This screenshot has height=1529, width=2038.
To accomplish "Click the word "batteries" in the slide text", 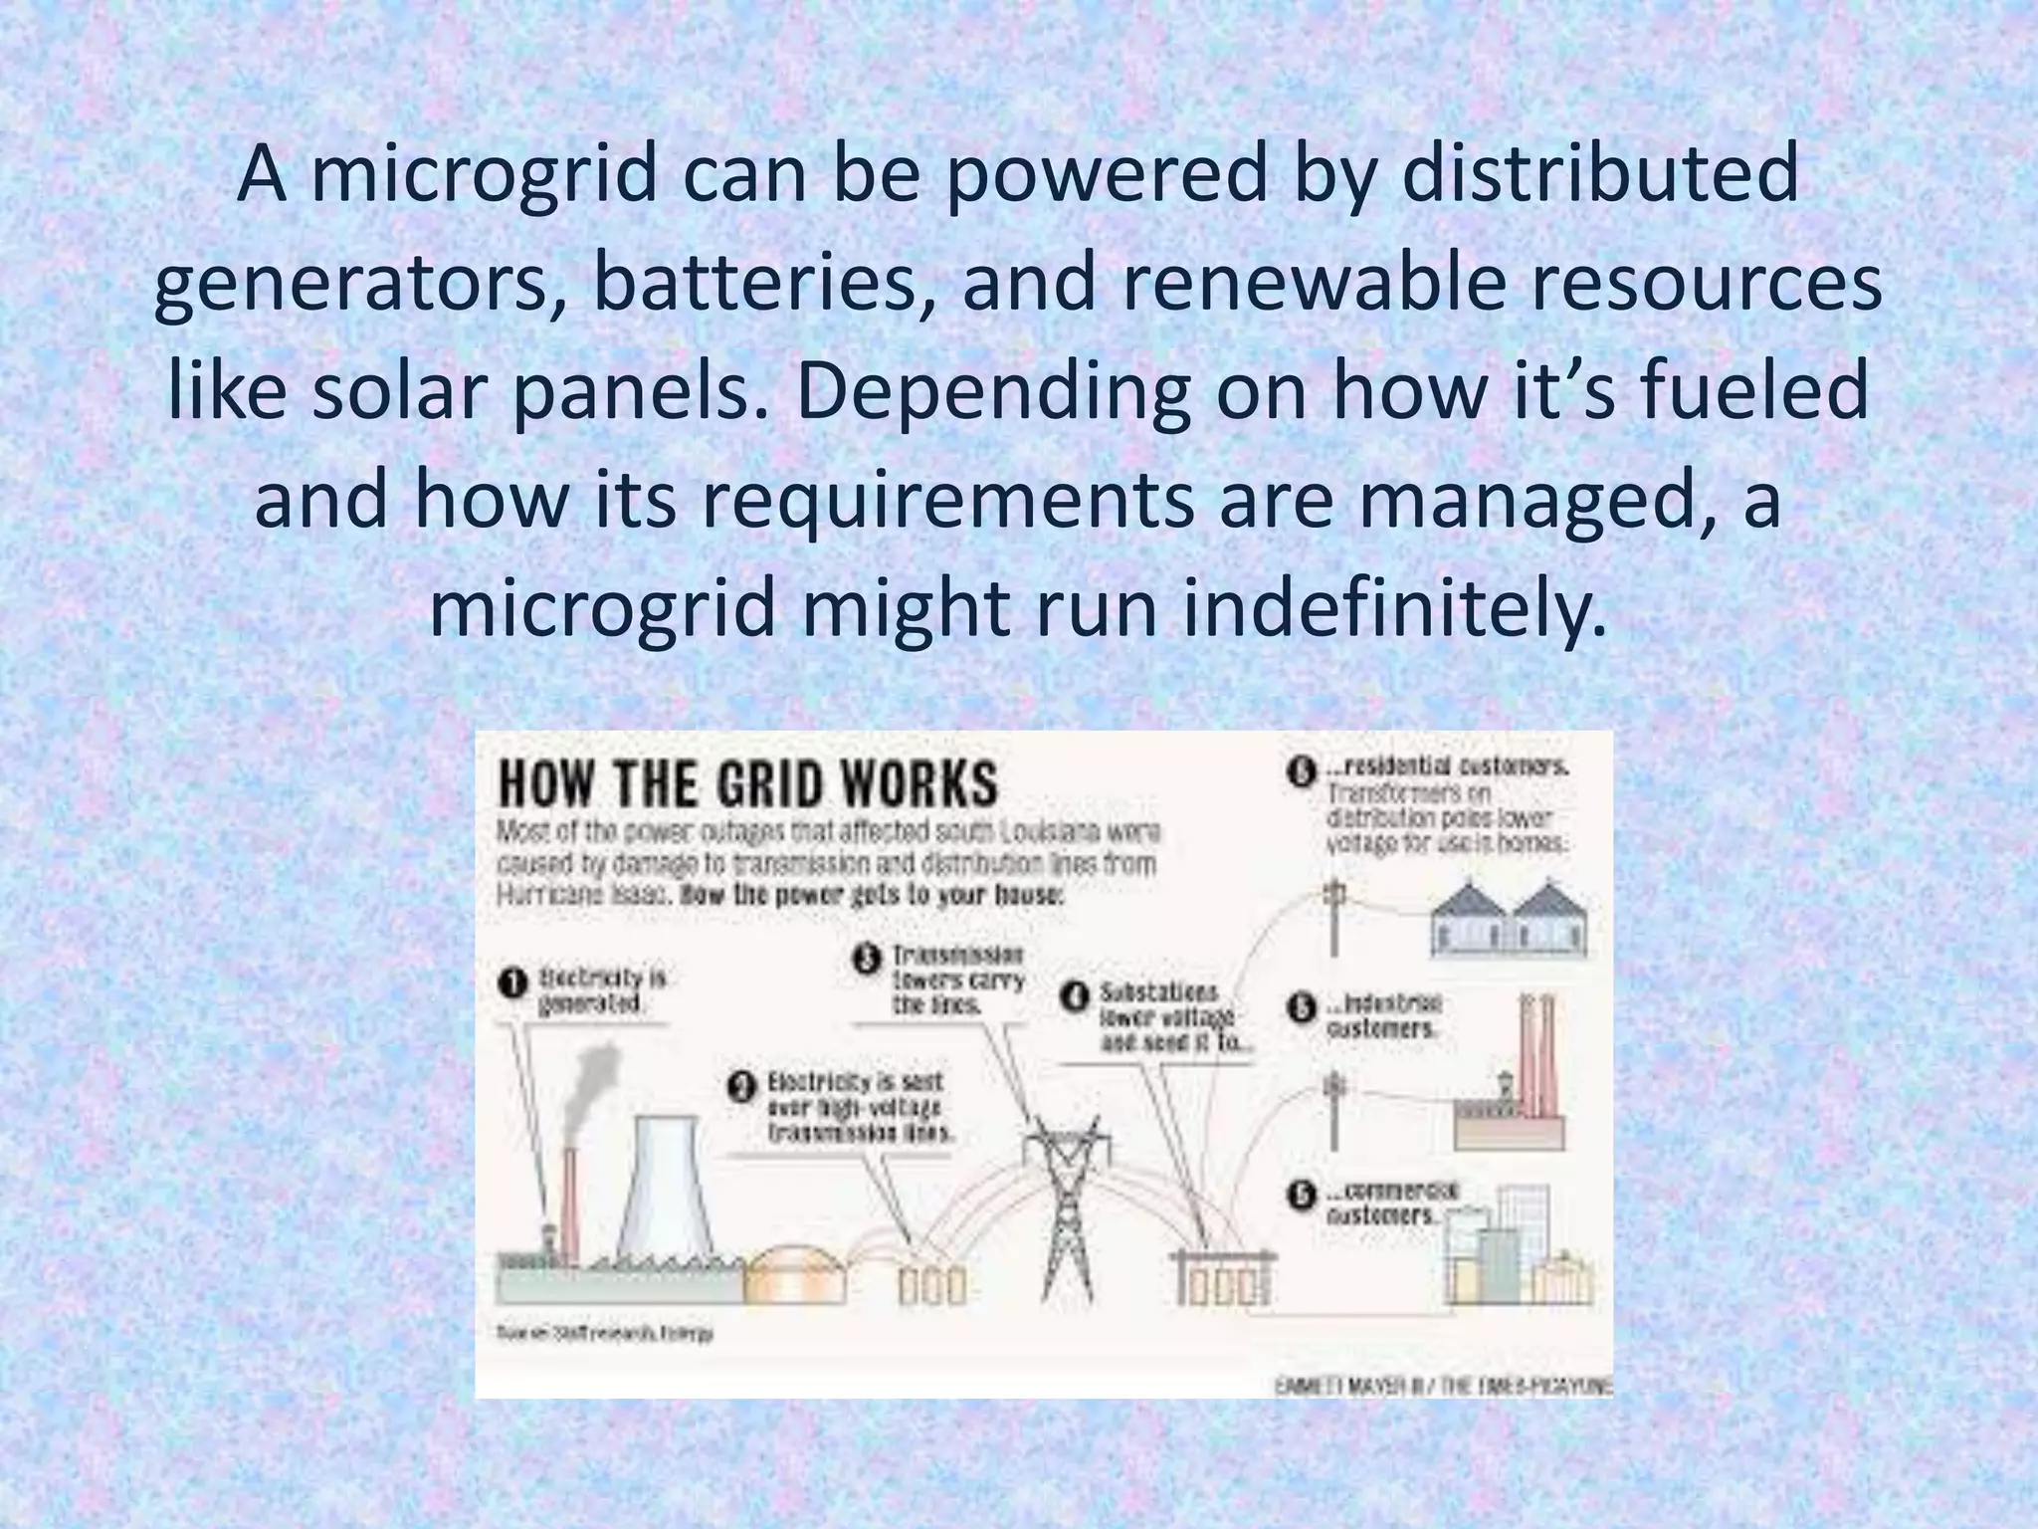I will pos(752,285).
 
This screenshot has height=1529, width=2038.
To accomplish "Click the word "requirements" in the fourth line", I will pos(946,501).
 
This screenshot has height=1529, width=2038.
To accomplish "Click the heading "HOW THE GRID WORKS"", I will pos(746,784).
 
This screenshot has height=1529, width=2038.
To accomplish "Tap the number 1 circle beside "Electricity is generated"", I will pos(512,983).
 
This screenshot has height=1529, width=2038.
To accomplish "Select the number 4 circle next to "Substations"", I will pos(1074,996).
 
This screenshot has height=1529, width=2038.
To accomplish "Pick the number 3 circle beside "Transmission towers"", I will pos(866,959).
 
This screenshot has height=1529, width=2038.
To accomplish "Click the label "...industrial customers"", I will pos(1383,1015).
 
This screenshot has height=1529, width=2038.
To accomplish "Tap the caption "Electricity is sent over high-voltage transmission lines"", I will pos(858,1107).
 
